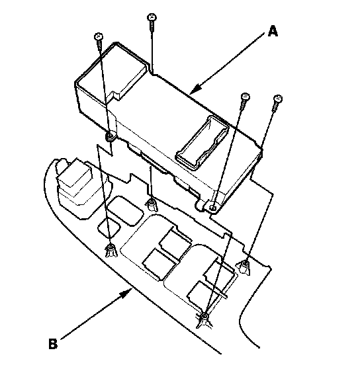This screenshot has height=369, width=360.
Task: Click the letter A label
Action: [x=273, y=31]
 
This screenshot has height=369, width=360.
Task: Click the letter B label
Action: [x=53, y=344]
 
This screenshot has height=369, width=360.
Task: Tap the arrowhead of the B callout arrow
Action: [x=126, y=292]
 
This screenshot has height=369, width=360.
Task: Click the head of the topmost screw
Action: [x=152, y=17]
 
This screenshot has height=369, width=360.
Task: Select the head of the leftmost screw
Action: [x=99, y=36]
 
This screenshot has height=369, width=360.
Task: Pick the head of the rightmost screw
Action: [x=278, y=99]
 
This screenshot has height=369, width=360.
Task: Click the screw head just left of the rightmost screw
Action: [x=246, y=97]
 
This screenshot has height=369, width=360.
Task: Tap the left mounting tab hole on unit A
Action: [x=110, y=136]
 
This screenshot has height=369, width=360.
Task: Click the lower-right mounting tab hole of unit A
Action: [x=212, y=208]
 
